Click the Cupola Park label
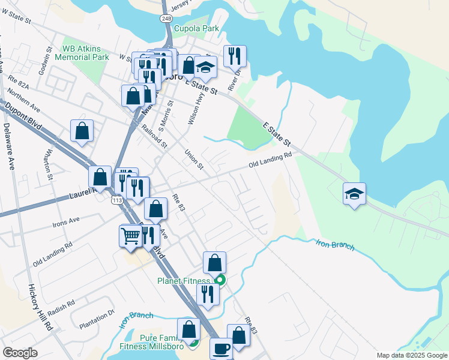pos(196,28)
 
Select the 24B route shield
pos(166,19)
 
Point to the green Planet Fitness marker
pos(220,280)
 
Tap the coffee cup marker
pos(221,349)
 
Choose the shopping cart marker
pos(130,236)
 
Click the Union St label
pos(195,159)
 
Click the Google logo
pos(20,353)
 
